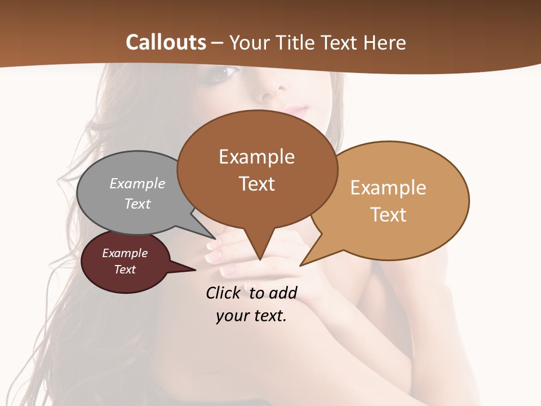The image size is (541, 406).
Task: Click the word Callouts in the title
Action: (x=166, y=42)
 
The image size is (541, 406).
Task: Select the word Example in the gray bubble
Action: (x=138, y=184)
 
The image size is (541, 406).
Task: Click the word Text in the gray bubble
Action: (x=138, y=204)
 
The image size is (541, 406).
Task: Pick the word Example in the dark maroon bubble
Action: (x=125, y=253)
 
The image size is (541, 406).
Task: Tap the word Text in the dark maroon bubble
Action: (x=125, y=270)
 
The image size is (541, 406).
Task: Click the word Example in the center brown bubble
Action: (x=256, y=157)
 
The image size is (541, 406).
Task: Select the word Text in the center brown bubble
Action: (x=257, y=184)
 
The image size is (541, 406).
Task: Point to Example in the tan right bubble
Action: (x=388, y=188)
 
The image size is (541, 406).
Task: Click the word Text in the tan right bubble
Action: (x=389, y=215)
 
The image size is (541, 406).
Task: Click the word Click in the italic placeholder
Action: (x=224, y=293)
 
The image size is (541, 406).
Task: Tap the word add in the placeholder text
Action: (x=282, y=293)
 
